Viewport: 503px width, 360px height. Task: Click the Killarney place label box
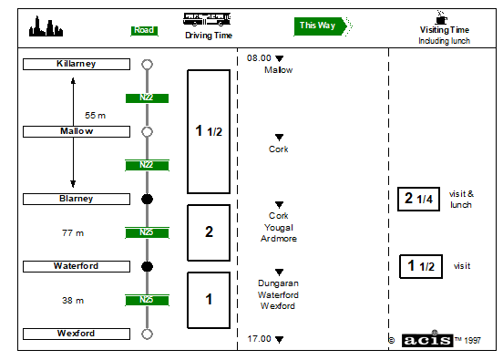(x=77, y=64)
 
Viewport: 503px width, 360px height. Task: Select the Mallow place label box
(x=77, y=131)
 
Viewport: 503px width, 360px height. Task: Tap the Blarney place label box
(x=77, y=199)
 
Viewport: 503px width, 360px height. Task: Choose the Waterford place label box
(x=77, y=266)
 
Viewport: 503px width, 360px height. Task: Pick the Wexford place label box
(x=77, y=334)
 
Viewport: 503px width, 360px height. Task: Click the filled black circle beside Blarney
(x=147, y=200)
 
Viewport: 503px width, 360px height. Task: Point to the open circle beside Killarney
(x=147, y=64)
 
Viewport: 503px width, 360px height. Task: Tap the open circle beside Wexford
(x=147, y=334)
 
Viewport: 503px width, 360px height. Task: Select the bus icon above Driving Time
(x=207, y=19)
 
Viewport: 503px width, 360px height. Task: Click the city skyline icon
(x=46, y=26)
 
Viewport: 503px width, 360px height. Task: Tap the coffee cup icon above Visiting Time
(x=441, y=17)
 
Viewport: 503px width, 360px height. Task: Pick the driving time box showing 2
(x=209, y=232)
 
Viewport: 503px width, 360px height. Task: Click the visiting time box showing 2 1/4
(x=418, y=199)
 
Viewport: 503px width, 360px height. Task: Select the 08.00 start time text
(x=259, y=58)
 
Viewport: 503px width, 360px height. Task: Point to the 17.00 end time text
(x=259, y=339)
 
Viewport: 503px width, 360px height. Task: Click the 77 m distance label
(x=73, y=233)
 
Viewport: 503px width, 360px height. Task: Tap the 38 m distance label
(x=73, y=301)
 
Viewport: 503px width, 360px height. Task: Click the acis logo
(x=427, y=340)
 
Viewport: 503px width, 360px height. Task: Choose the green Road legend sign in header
(x=144, y=31)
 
